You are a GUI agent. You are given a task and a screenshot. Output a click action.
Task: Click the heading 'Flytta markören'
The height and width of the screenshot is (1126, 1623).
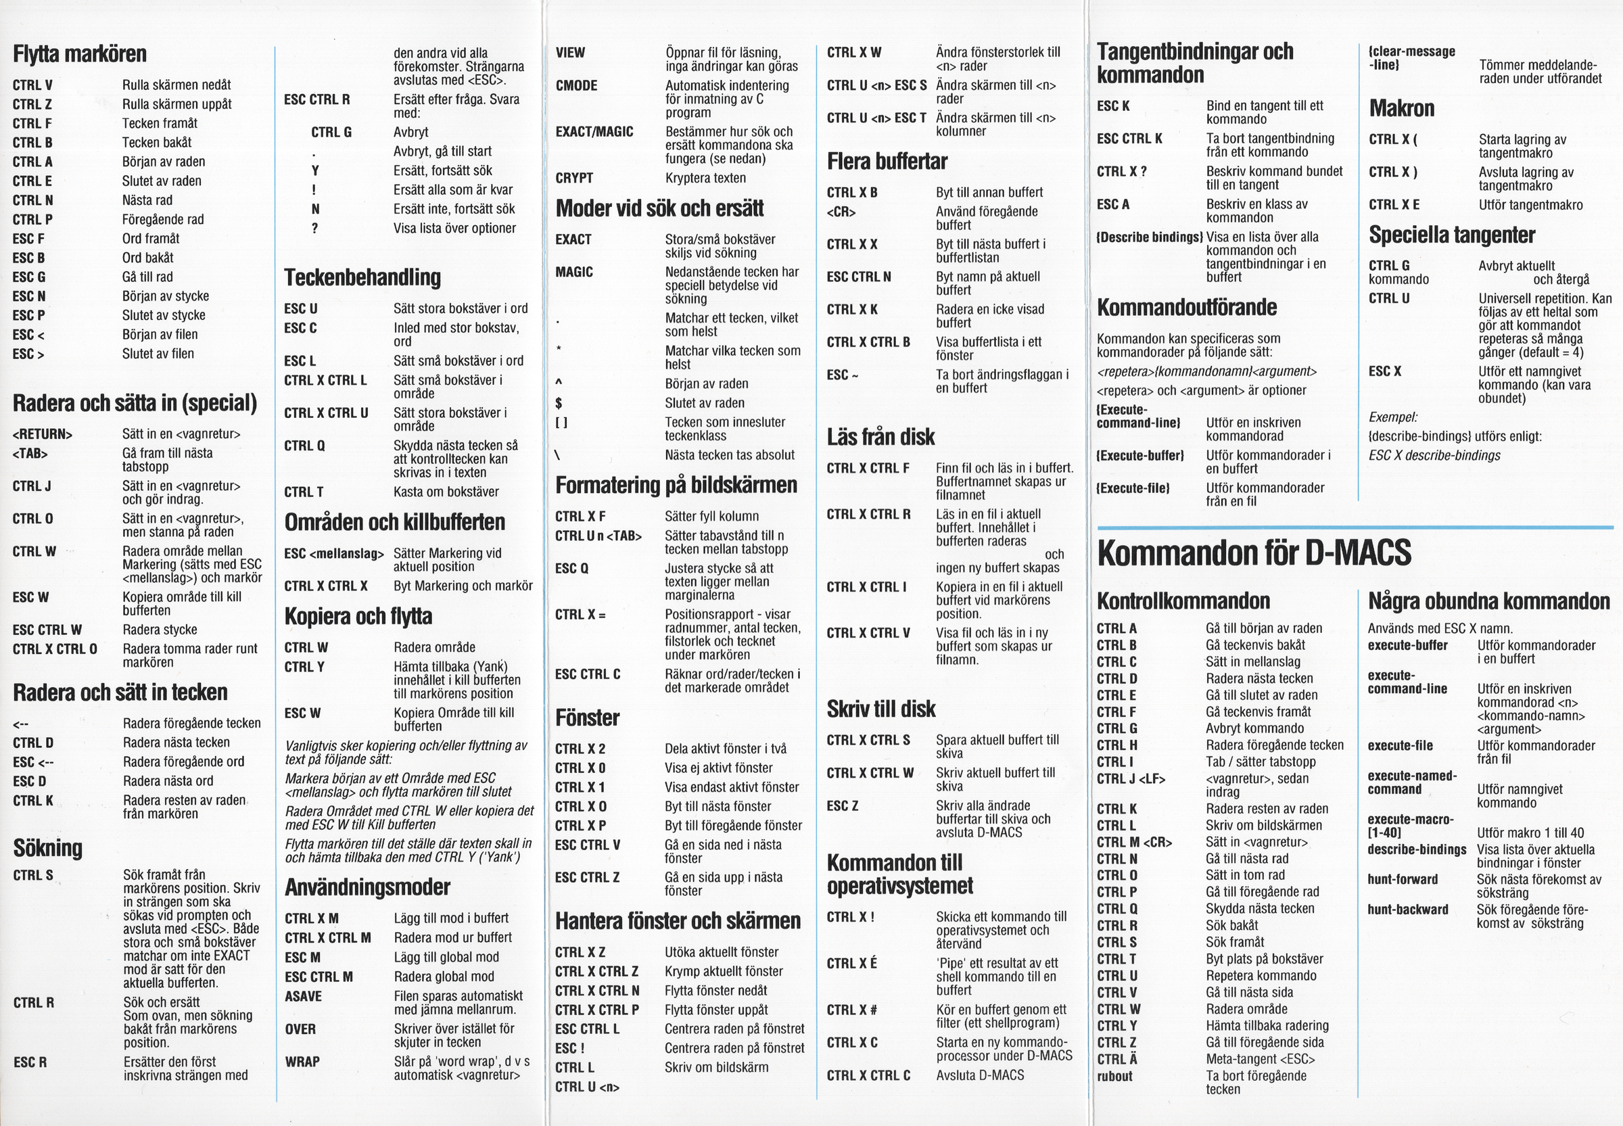click(80, 54)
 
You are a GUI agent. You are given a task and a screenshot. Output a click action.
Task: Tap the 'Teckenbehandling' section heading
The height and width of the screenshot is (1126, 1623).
click(362, 277)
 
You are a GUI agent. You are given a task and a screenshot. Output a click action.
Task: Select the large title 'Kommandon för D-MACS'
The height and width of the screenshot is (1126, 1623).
click(1253, 553)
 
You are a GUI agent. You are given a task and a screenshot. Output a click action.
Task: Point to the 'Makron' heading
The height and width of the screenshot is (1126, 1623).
click(1401, 108)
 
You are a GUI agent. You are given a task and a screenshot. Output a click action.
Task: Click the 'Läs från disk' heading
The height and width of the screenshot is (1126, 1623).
click(880, 437)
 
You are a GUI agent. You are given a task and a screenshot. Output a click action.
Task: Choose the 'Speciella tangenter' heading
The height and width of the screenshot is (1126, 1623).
click(1452, 235)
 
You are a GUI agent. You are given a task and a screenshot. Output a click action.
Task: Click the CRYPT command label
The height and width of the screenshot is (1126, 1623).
click(574, 178)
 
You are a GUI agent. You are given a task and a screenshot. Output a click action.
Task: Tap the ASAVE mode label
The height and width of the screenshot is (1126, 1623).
click(304, 996)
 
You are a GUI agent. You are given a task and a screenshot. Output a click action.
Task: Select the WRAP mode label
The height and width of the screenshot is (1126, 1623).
click(302, 1061)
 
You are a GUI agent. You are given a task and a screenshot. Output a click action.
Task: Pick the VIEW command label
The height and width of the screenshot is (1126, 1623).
click(570, 53)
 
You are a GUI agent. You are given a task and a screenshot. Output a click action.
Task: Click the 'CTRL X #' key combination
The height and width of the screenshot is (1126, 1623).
click(851, 1010)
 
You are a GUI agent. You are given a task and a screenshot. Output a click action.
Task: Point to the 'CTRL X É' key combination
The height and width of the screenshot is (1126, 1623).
click(851, 963)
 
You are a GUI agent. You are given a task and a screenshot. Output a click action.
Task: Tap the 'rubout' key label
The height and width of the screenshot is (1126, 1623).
click(1114, 1076)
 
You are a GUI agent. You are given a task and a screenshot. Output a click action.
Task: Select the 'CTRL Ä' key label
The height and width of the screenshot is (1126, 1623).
click(1116, 1059)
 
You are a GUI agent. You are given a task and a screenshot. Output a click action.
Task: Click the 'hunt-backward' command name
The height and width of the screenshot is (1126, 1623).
click(1407, 910)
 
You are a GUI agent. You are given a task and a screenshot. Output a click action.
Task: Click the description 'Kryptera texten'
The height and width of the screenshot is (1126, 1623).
click(705, 178)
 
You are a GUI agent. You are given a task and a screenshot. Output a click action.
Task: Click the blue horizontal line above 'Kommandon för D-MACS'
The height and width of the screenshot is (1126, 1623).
click(1355, 527)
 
